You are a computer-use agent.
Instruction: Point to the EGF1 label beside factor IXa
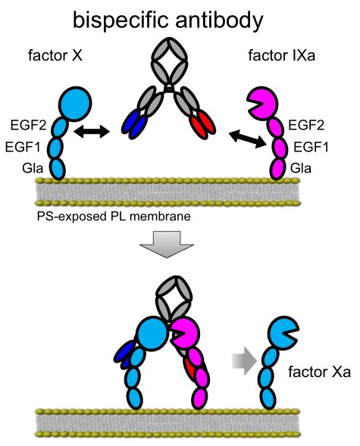point(310,145)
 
